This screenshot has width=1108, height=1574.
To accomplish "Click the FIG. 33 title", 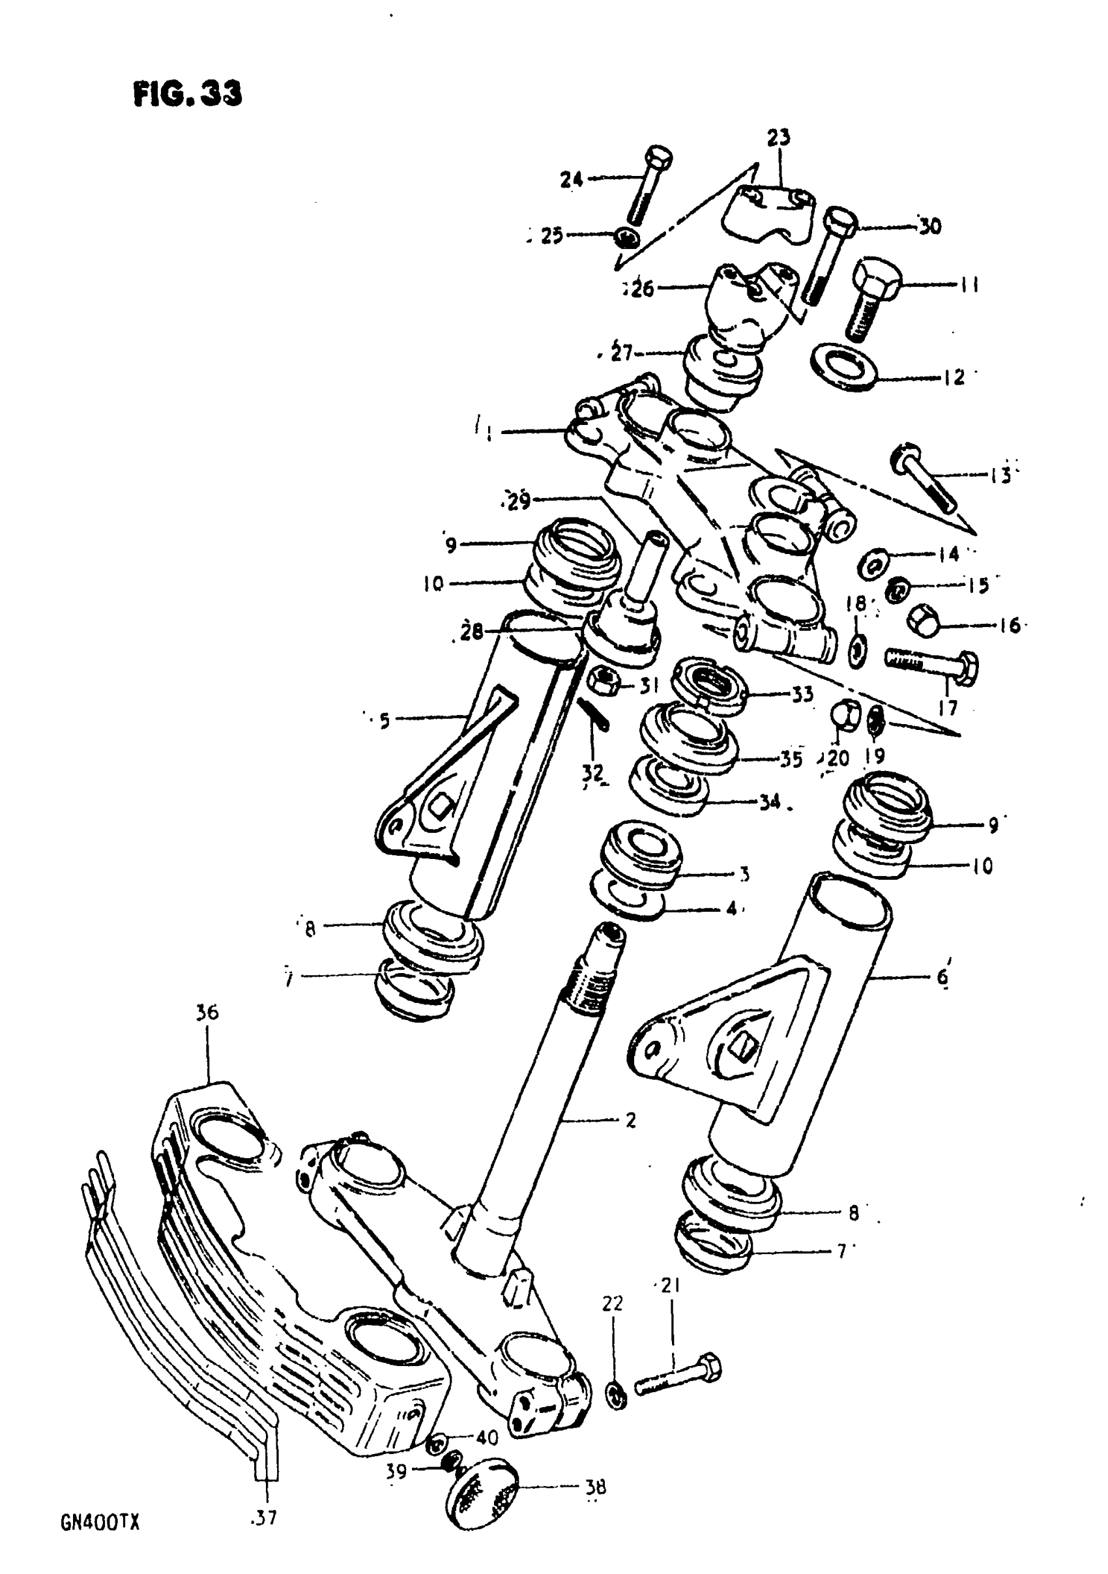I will click(187, 93).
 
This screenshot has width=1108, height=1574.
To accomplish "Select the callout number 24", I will click(571, 180).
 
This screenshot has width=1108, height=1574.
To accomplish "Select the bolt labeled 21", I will click(677, 1376).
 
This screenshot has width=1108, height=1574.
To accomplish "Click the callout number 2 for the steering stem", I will click(630, 1120).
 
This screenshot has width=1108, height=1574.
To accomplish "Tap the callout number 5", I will click(384, 720).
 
